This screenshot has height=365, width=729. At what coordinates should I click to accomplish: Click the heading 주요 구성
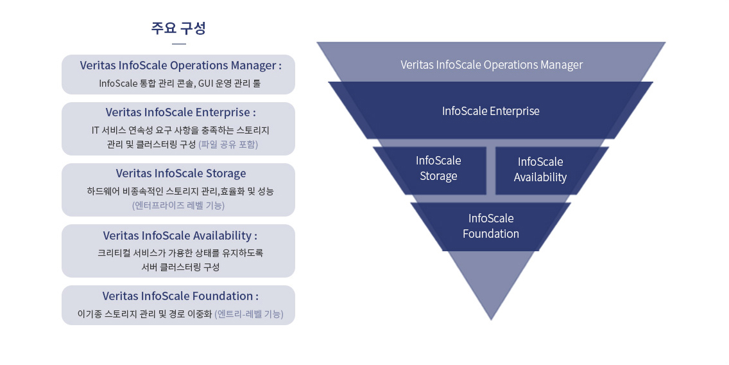[x=178, y=28]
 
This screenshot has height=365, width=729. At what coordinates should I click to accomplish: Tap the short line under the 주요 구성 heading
[x=178, y=44]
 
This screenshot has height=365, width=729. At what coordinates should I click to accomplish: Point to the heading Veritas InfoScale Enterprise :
[x=180, y=112]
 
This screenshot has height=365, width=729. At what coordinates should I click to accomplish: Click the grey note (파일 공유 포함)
[x=228, y=145]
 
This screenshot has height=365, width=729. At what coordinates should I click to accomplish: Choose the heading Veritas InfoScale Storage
[x=181, y=174]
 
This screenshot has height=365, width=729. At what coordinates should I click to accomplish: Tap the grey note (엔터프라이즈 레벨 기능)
[x=178, y=206]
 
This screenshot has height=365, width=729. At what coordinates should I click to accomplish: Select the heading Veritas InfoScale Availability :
[x=180, y=235]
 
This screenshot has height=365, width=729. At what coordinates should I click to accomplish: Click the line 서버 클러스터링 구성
[x=180, y=267]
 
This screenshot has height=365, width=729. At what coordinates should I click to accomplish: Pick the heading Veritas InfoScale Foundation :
[x=180, y=296]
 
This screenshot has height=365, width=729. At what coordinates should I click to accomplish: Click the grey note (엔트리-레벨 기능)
[x=249, y=314]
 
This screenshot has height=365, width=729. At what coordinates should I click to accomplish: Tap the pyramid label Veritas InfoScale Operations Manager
[x=492, y=65]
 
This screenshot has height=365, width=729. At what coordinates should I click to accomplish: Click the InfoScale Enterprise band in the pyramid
[x=490, y=111]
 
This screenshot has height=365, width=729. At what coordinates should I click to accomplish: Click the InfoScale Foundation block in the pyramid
[x=490, y=227]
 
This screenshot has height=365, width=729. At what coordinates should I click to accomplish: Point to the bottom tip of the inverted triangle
[x=491, y=320]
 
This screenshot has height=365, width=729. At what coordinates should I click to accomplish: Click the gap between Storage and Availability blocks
[x=491, y=170]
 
